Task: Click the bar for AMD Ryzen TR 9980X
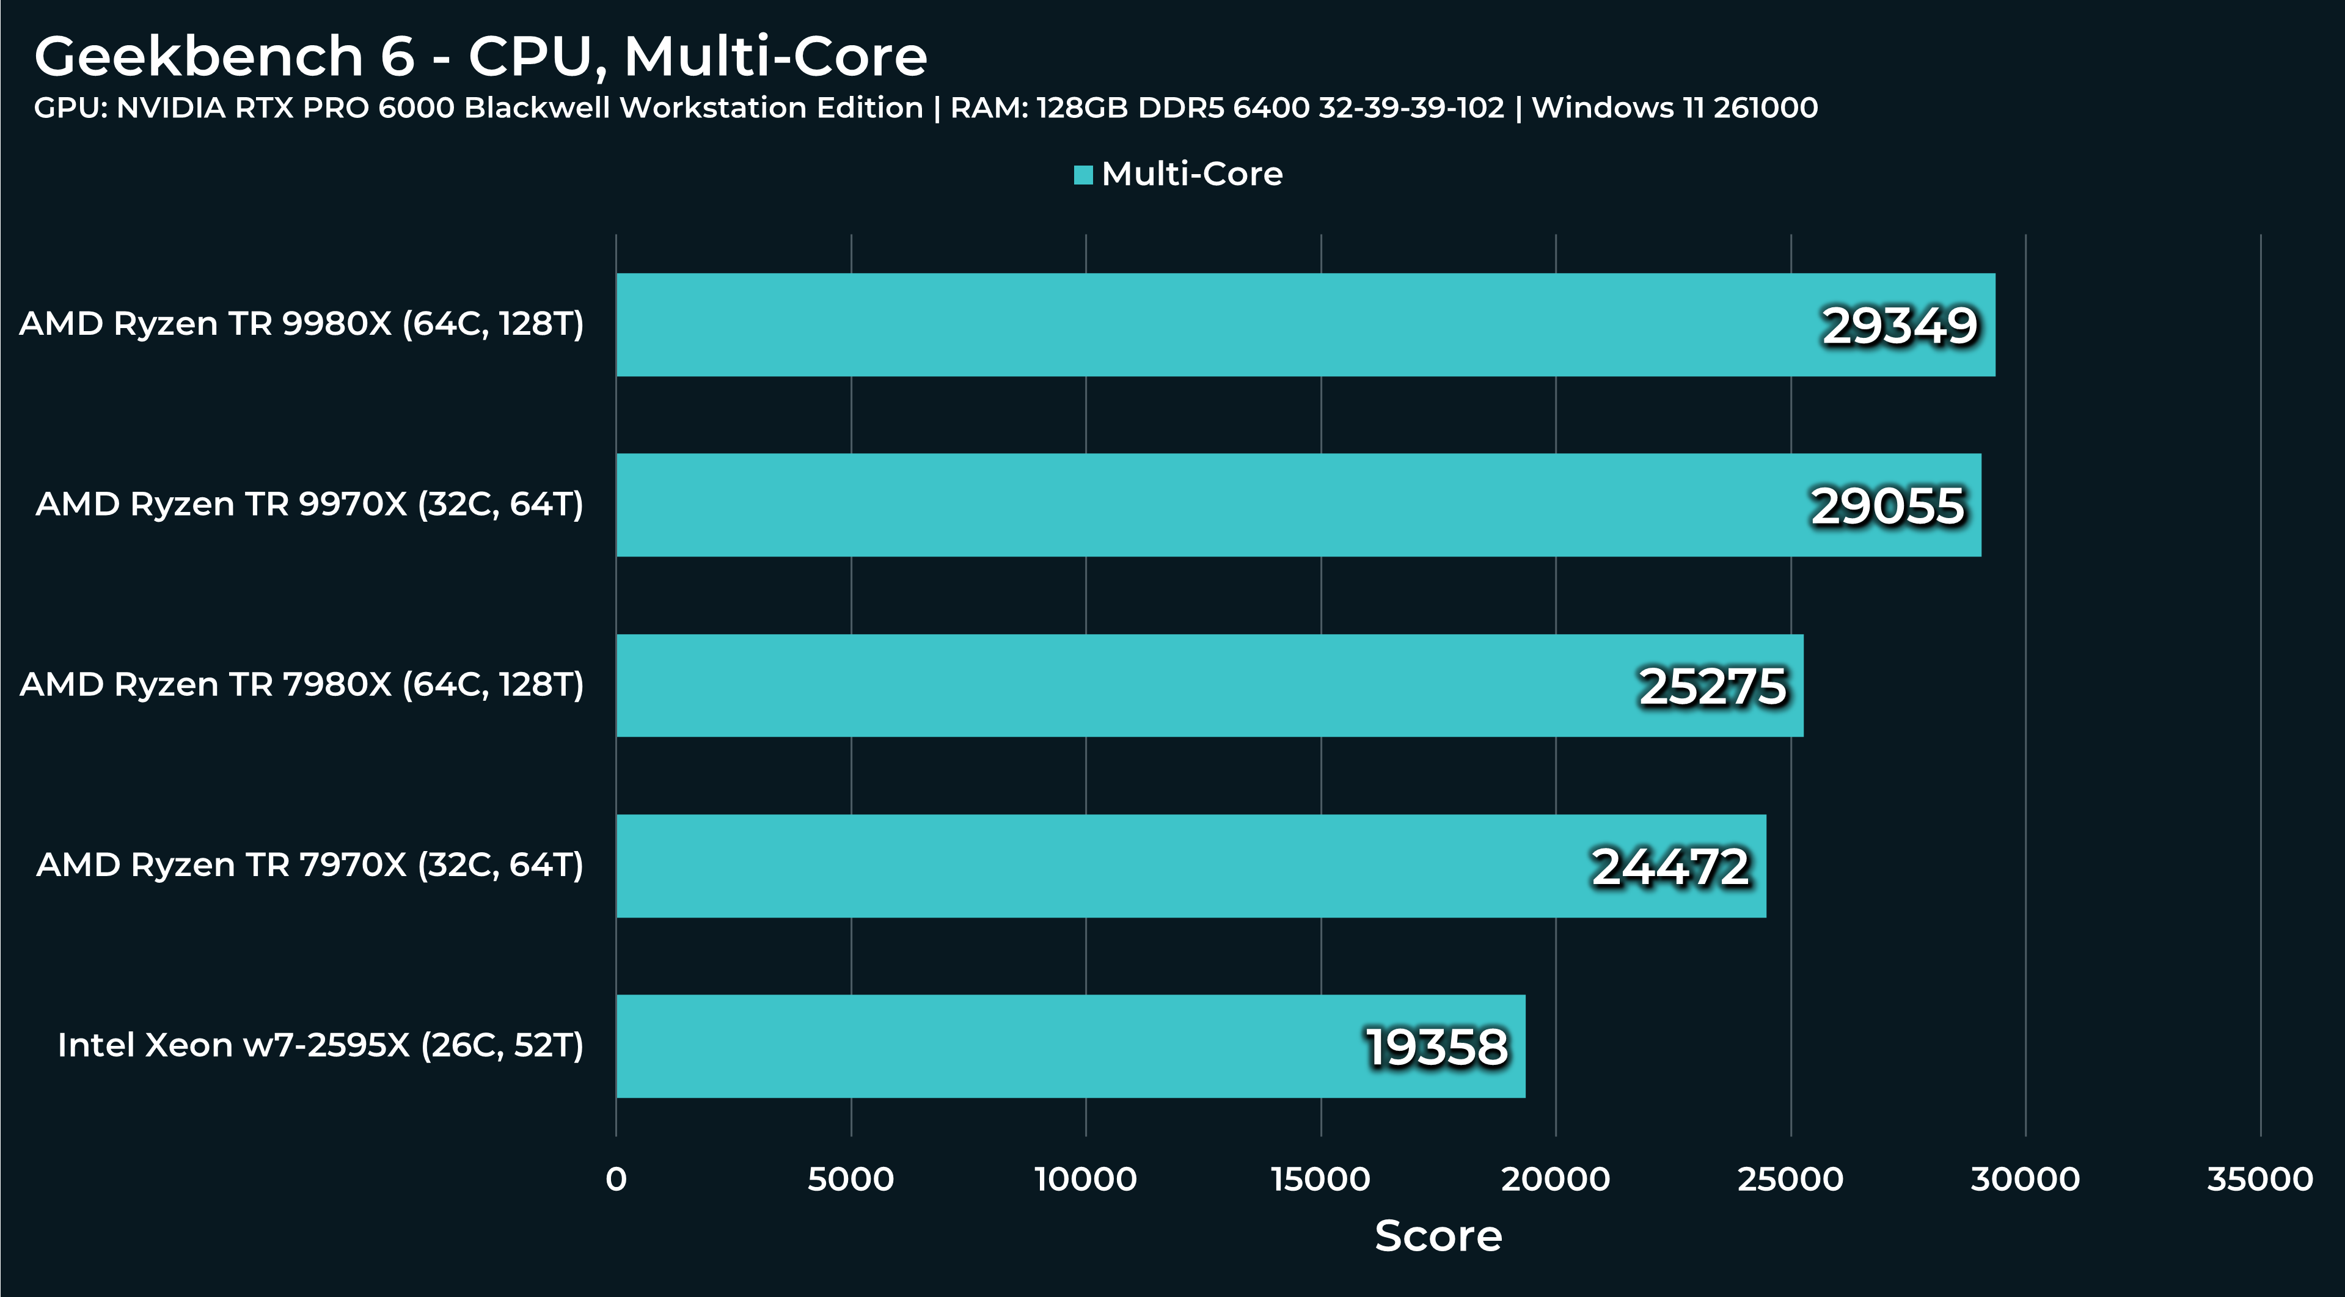1183,325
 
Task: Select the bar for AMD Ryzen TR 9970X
1183,505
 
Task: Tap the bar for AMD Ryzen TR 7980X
1092,685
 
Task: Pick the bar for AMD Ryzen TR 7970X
1092,866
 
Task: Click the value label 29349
1900,326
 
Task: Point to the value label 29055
1887,506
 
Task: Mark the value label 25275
1713,686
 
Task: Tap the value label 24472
1670,866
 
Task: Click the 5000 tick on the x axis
851,1180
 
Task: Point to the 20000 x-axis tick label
1555,1180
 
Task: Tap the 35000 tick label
2259,1180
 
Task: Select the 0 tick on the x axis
616,1180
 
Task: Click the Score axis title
1438,1236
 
